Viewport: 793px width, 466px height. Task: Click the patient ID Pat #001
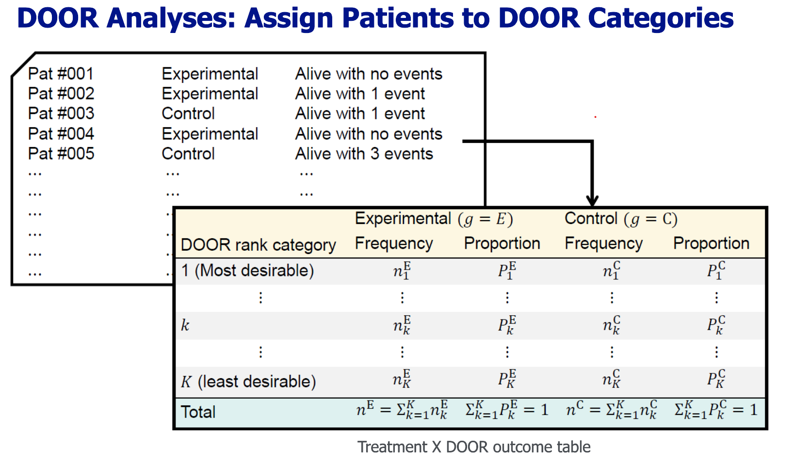pos(61,74)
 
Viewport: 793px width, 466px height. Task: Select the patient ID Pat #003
pos(61,113)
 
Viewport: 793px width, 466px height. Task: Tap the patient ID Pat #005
pos(61,154)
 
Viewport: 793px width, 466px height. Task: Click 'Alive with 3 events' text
pos(364,154)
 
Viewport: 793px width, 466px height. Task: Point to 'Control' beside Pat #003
pos(188,113)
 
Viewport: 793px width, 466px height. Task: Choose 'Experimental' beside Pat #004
pos(210,134)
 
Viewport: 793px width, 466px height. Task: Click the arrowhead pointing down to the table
pos(592,201)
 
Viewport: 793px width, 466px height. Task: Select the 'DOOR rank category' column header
pos(258,245)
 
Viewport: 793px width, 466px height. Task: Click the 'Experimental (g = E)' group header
pos(434,219)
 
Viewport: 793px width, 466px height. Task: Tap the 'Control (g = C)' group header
pos(621,219)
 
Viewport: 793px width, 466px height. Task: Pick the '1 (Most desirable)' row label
pos(247,271)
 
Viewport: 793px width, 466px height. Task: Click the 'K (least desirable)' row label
pos(248,382)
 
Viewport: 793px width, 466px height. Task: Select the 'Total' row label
pos(198,412)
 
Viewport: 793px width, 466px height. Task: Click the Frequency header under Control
pos(603,243)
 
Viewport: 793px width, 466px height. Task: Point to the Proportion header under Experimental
pos(502,243)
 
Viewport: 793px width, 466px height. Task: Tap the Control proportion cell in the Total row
pos(715,410)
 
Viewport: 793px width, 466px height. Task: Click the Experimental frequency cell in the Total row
pos(402,410)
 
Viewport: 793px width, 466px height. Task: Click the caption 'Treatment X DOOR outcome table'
pos(474,447)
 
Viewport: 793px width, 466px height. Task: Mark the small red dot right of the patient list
pos(596,117)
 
